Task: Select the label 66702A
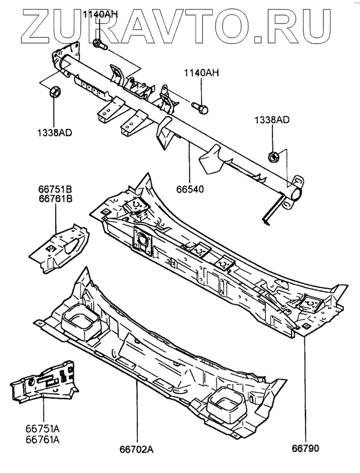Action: click(137, 447)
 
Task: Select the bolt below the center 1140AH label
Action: click(200, 109)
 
